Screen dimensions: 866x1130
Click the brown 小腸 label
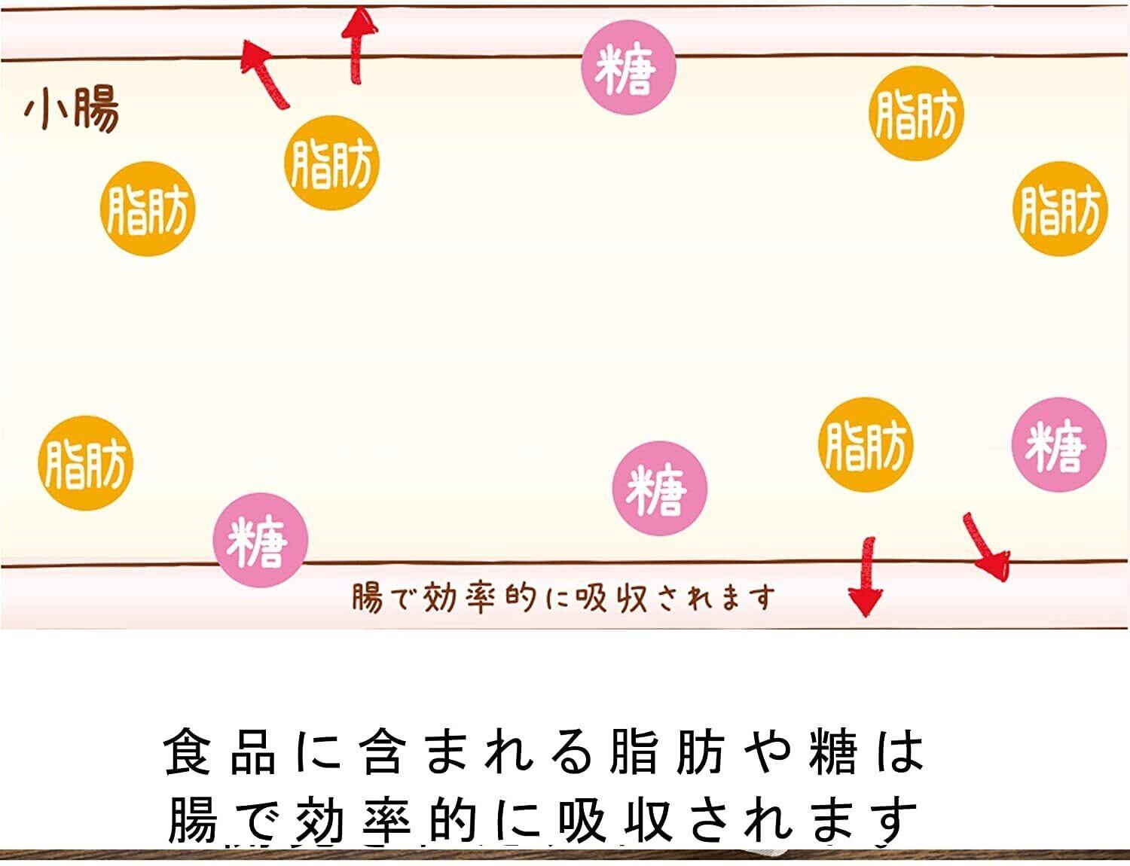72,111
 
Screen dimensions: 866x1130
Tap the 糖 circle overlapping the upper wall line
628,68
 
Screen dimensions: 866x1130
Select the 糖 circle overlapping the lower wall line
260,540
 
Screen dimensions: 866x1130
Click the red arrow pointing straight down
866,576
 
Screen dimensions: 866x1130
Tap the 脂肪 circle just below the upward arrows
331,163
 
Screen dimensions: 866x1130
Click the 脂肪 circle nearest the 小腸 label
148,209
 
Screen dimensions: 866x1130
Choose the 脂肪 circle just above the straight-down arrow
865,444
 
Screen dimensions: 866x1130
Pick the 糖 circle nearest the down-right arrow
1058,444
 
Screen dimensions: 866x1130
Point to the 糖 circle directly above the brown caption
659,488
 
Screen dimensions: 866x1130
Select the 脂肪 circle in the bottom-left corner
85,462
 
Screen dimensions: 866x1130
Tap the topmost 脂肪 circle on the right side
916,113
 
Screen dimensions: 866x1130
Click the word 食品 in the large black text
219,751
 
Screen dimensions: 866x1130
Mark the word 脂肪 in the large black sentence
667,751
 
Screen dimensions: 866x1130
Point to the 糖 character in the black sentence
833,751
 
